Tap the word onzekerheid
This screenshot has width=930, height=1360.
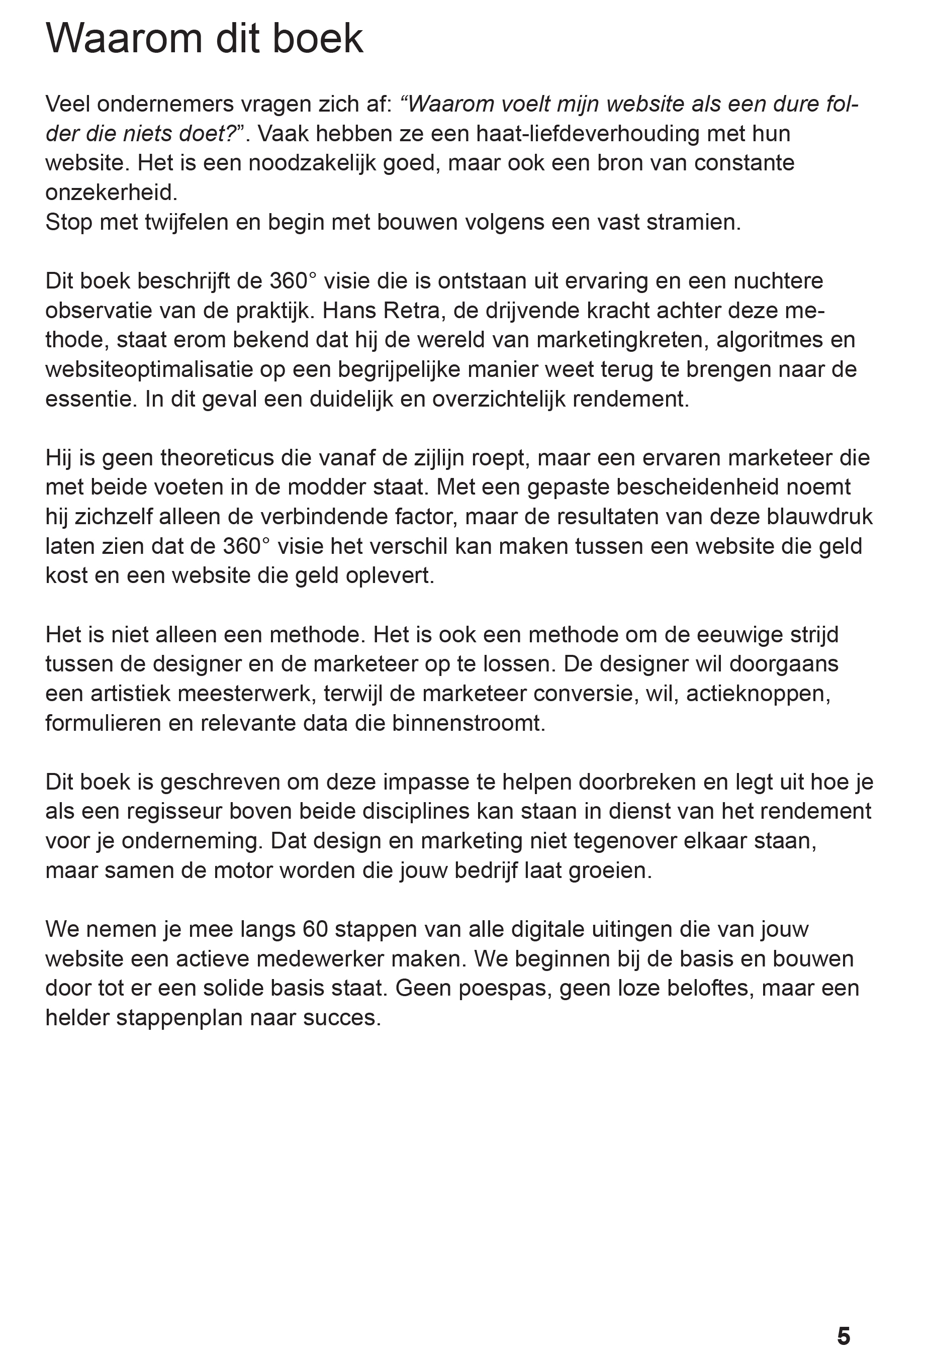(111, 192)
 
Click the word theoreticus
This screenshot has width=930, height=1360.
(217, 457)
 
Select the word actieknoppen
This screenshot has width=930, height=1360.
(758, 694)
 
